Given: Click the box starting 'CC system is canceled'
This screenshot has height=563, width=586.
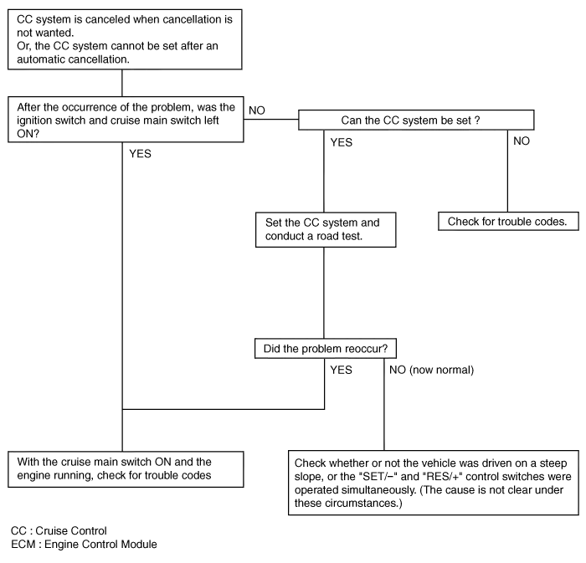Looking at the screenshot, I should [x=126, y=39].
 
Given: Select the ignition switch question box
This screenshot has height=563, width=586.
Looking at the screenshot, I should [x=126, y=120].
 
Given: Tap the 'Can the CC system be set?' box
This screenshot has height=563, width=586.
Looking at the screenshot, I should [x=410, y=120].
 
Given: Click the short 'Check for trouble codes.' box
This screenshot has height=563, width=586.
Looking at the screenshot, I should [x=508, y=222].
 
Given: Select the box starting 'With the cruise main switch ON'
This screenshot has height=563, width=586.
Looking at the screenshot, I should [x=126, y=468].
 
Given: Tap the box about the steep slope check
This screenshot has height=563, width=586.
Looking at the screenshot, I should [x=434, y=483].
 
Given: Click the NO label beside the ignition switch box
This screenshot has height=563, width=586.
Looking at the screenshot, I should [x=258, y=110].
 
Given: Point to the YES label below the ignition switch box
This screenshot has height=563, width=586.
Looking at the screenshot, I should [x=140, y=154].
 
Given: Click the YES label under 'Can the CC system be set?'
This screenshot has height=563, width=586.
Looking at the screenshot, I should [x=341, y=142].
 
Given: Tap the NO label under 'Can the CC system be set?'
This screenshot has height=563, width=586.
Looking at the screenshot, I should [x=521, y=142].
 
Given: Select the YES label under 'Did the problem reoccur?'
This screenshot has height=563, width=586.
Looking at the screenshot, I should [x=341, y=370].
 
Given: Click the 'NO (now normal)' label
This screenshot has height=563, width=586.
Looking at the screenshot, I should [x=431, y=370].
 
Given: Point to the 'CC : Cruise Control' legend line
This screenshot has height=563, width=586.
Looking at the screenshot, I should [x=59, y=531].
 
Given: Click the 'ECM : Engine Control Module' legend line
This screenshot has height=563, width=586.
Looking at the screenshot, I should [x=84, y=545].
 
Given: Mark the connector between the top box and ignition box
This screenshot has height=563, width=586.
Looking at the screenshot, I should [x=122, y=83].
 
